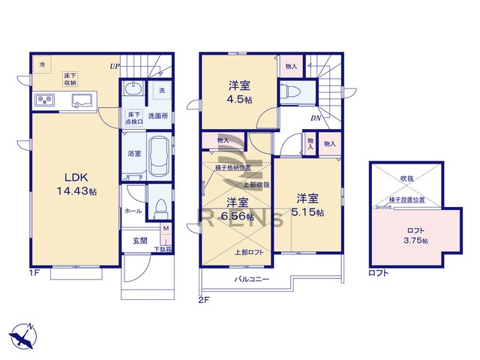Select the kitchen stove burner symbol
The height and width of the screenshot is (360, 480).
click(42, 100)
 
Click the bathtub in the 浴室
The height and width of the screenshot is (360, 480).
click(158, 156)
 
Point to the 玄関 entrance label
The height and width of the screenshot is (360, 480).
click(140, 240)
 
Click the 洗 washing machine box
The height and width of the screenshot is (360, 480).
click(160, 91)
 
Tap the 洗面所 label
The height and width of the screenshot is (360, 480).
click(156, 116)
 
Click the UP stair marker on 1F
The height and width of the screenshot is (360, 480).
click(115, 66)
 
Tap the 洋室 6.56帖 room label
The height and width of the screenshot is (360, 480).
click(238, 208)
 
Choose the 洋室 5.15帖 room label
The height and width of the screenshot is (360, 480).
click(307, 205)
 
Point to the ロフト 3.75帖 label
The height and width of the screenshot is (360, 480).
click(414, 235)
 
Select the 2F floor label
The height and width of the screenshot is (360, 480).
click(203, 300)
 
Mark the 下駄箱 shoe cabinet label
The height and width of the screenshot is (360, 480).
click(162, 249)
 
